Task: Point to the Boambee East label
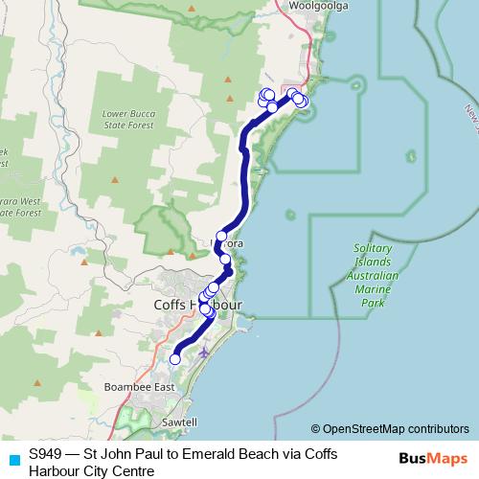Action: click(140, 386)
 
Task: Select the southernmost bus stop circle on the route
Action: click(174, 359)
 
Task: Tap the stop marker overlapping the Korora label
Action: click(221, 237)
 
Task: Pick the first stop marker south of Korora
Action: click(225, 259)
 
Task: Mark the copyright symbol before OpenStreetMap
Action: click(316, 429)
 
